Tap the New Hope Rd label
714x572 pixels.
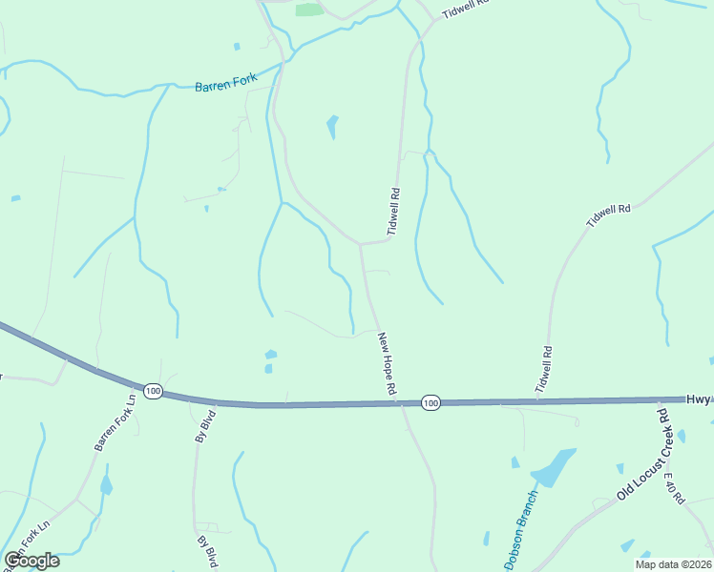tap(387, 363)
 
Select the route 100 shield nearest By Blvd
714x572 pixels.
tap(153, 391)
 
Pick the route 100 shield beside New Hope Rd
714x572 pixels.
tap(430, 403)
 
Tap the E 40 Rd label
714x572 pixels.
tap(675, 487)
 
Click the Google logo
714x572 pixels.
tap(31, 561)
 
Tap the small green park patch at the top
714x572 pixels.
tap(308, 10)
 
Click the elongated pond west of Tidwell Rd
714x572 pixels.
tap(332, 126)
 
